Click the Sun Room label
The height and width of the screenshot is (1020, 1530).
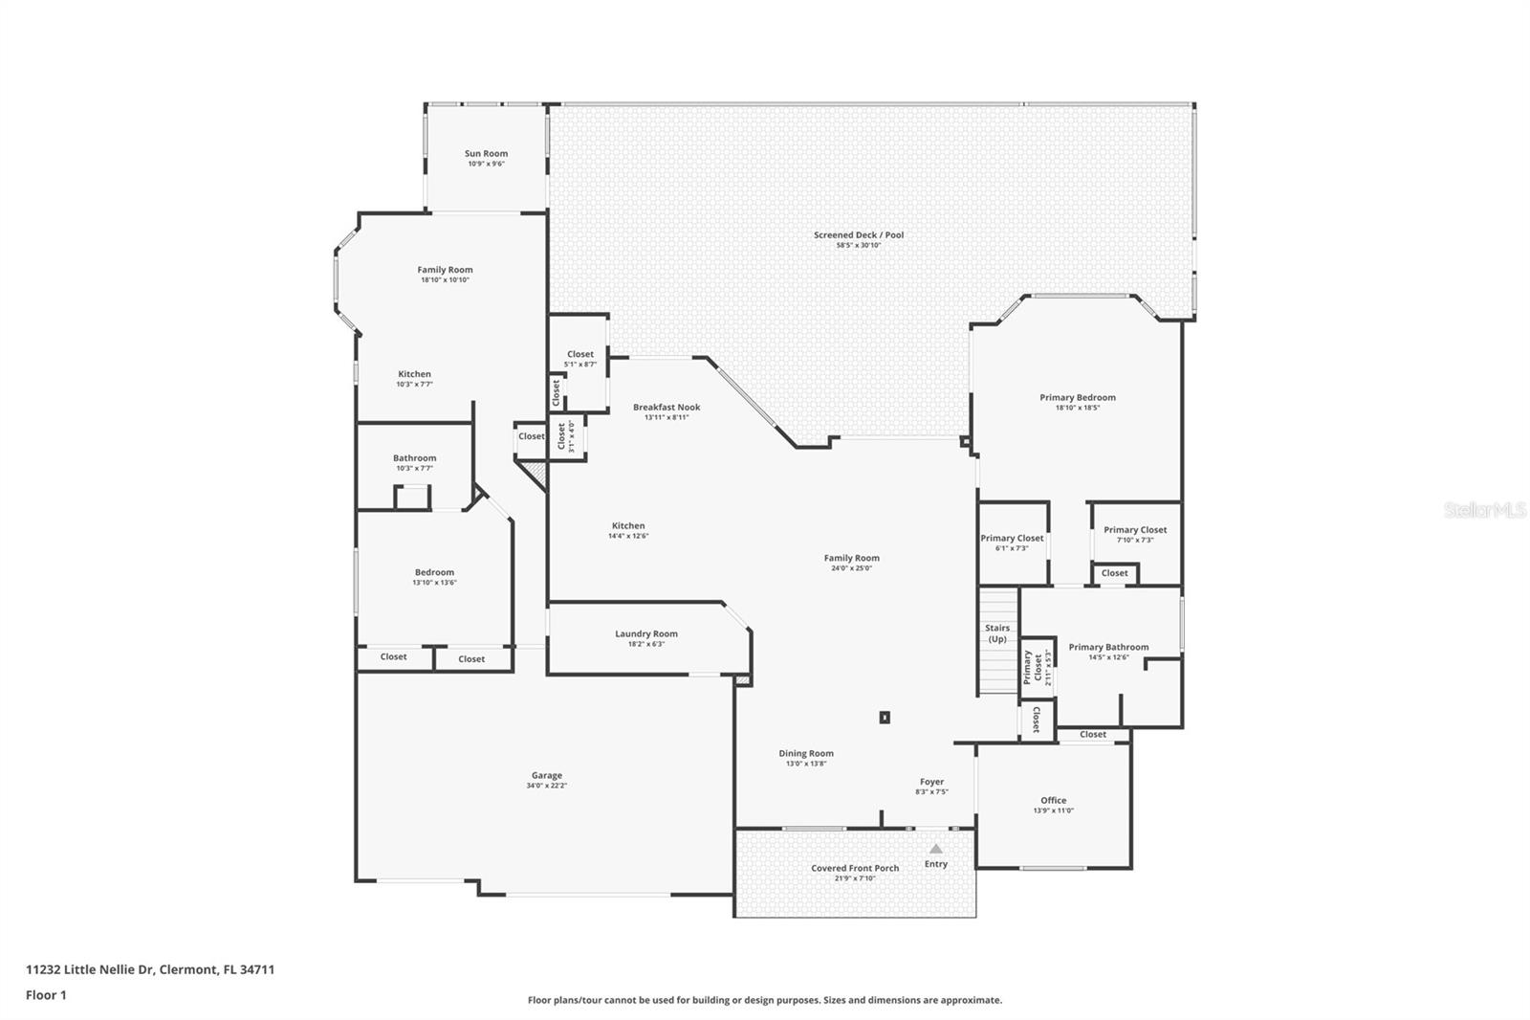[486, 153]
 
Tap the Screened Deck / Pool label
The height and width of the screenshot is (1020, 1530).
[858, 234]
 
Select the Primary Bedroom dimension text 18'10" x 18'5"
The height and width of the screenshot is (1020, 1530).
[1077, 408]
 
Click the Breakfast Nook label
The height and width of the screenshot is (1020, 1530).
[666, 407]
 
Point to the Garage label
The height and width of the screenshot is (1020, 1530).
[546, 775]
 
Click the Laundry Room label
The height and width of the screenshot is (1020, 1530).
[645, 633]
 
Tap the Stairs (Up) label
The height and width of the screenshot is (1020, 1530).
[996, 633]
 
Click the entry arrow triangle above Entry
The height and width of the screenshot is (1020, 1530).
[935, 849]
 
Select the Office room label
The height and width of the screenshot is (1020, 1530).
[1053, 800]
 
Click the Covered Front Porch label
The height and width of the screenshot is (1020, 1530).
[854, 868]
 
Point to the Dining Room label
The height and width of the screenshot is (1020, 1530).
[805, 753]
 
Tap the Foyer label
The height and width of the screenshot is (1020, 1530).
[931, 782]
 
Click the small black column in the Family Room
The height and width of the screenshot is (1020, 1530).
[885, 717]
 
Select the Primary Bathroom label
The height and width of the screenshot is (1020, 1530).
[1108, 647]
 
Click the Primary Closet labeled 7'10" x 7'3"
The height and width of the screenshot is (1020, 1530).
[1134, 529]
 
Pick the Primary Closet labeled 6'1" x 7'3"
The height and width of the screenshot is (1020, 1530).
[1011, 538]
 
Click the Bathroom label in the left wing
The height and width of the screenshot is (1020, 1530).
[414, 458]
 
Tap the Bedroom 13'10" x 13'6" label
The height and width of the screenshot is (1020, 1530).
[434, 572]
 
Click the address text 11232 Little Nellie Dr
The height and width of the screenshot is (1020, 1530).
[150, 969]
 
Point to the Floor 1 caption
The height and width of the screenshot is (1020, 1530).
[46, 995]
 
